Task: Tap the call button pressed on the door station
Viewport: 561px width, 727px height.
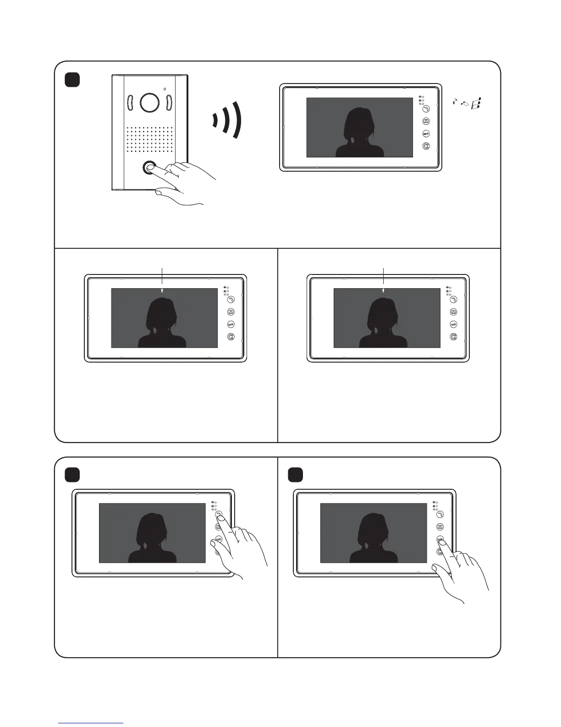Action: pos(149,168)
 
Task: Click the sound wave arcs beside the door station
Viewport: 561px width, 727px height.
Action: pos(229,119)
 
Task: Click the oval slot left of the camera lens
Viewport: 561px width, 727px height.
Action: pos(129,103)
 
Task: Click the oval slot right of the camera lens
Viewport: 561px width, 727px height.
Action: pos(168,103)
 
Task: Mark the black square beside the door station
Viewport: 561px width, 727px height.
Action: pos(72,80)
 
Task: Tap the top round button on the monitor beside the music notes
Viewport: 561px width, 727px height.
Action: pos(426,109)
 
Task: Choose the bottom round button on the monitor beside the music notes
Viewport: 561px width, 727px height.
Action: pos(426,146)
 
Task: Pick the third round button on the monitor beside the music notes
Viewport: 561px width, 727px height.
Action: pos(426,134)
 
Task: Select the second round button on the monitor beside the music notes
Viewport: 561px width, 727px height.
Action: pos(426,122)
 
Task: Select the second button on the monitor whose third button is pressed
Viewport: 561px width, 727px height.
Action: pos(440,527)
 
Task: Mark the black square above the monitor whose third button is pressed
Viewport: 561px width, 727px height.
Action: pos(296,475)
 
